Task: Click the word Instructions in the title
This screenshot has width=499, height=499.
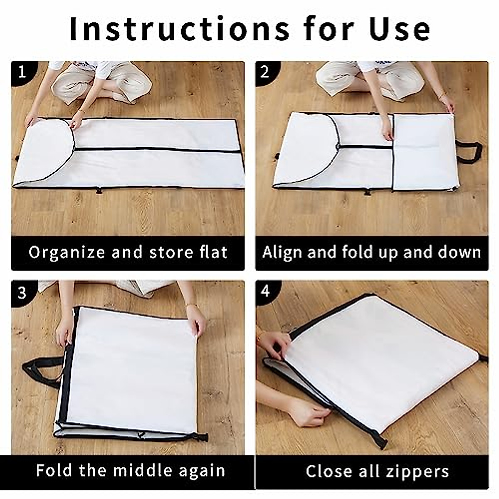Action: click(179, 29)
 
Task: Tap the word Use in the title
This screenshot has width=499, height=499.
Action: click(400, 29)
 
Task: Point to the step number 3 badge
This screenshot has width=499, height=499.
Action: click(23, 293)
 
